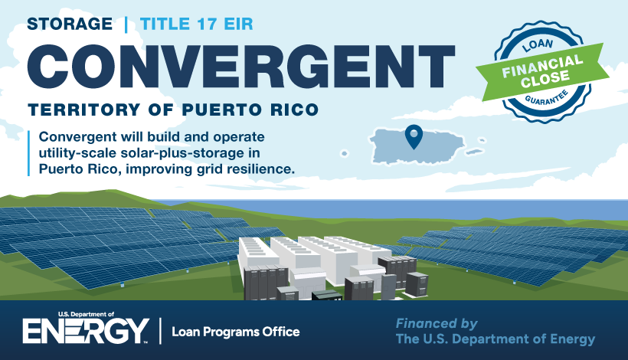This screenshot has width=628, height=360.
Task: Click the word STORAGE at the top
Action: tap(70, 24)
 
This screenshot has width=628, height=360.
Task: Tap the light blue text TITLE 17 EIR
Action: tap(197, 24)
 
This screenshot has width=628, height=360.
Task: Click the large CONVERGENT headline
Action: tap(241, 66)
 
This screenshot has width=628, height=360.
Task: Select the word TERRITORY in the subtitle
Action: tap(84, 110)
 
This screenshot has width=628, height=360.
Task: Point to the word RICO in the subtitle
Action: tap(294, 110)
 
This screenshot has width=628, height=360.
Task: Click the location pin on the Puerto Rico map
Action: tap(414, 137)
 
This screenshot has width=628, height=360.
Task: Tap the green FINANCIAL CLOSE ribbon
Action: tap(542, 72)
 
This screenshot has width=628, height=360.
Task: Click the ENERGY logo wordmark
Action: tap(86, 331)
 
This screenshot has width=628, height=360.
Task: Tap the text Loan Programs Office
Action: tap(236, 332)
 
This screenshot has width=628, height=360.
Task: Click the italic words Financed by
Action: tap(437, 323)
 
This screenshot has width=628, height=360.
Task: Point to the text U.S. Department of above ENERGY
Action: tap(86, 314)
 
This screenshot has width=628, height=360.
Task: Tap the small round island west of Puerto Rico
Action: tap(344, 153)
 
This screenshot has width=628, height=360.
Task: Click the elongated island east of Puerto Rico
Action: tap(475, 152)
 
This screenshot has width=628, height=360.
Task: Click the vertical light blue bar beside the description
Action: tap(29, 153)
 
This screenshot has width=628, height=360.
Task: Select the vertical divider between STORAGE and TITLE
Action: tap(126, 25)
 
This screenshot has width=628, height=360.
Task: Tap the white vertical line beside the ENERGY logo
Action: tap(161, 331)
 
